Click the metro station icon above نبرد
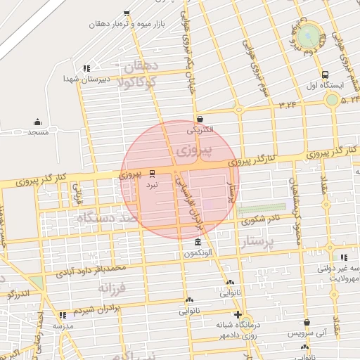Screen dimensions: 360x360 click(153, 172)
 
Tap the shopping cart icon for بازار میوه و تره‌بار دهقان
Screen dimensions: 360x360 click(127, 13)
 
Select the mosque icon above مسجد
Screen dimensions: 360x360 click(37, 122)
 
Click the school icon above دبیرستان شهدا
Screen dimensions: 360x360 click(86, 68)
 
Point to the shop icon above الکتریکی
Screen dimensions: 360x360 click(201, 120)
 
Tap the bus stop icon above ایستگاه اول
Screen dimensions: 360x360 click(324, 75)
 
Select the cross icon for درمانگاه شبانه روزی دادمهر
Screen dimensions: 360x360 click(238, 314)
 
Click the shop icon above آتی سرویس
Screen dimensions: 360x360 click(287, 323)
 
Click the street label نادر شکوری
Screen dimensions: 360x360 click(261, 220)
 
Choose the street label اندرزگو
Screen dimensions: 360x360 click(15, 292)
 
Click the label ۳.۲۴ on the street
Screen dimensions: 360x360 click(288, 105)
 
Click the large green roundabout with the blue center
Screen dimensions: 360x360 click(308, 34)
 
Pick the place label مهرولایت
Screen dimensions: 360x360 click(342, 278)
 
